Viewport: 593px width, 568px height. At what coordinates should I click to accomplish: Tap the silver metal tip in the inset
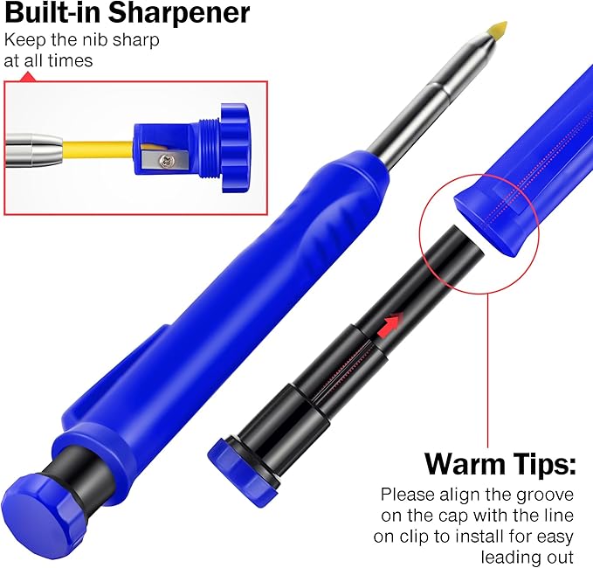point(35,143)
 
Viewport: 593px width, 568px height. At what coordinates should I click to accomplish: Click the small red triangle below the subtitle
point(26,77)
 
